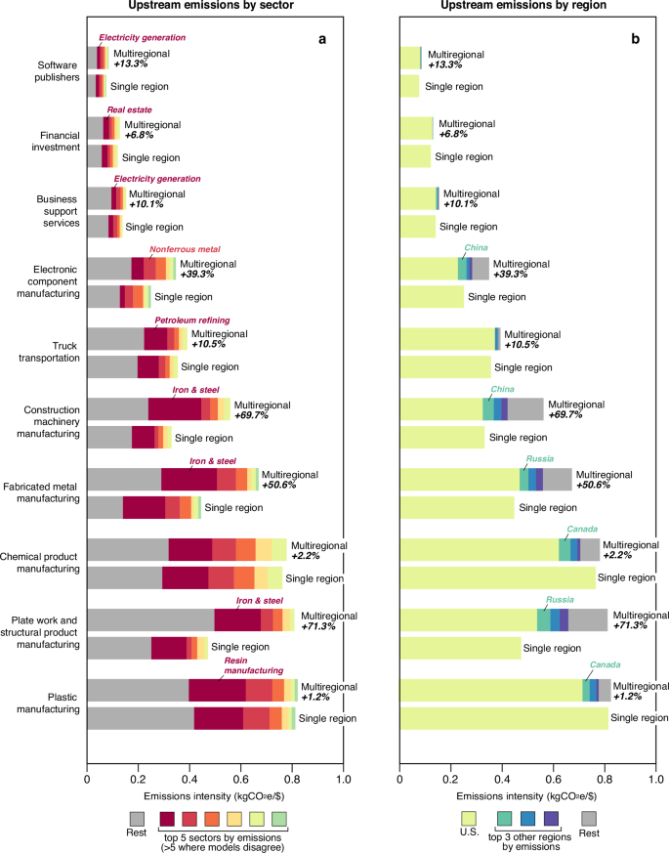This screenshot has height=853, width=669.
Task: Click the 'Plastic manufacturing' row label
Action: click(46, 702)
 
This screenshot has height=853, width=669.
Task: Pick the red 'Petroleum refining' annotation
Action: click(192, 320)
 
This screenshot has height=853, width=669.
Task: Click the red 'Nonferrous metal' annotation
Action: click(185, 249)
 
